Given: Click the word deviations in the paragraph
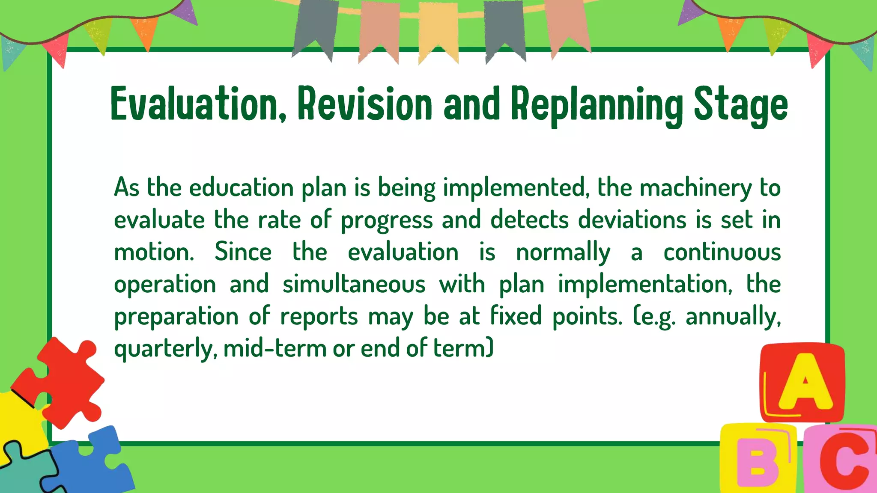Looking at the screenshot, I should (x=632, y=220).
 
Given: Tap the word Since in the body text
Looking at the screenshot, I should (x=243, y=252).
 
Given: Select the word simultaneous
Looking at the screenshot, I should (x=354, y=284).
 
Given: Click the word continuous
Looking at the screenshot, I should (x=722, y=252).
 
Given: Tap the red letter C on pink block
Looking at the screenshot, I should (x=844, y=460).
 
